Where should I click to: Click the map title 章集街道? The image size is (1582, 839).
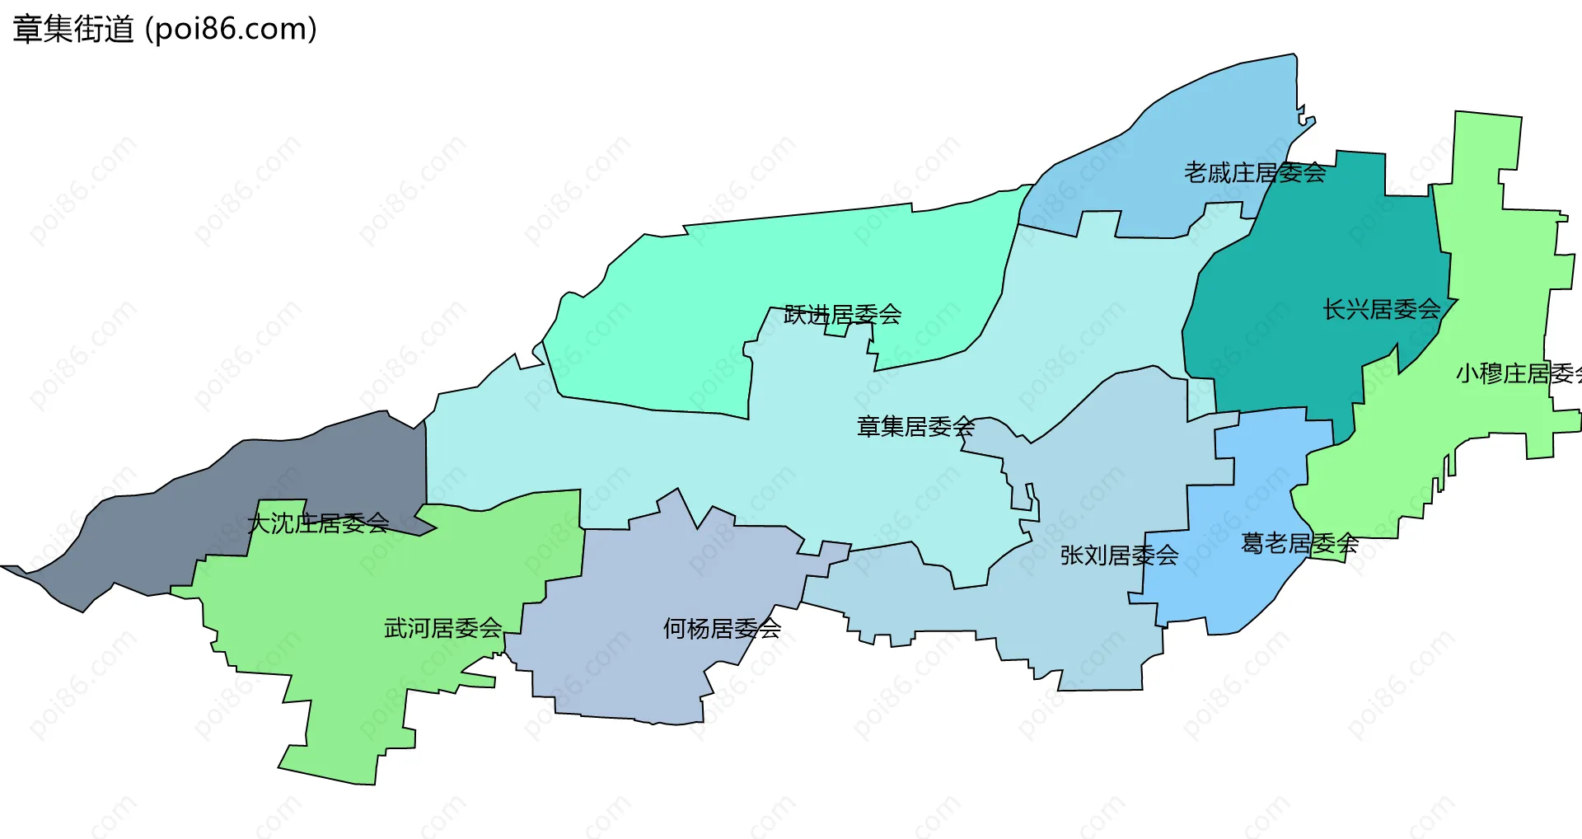(x=73, y=30)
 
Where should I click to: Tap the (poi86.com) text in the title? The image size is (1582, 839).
(x=231, y=30)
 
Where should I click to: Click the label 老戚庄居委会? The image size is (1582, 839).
(x=1254, y=173)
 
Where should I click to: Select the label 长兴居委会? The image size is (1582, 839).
(x=1381, y=310)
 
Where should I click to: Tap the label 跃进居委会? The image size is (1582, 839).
(x=842, y=315)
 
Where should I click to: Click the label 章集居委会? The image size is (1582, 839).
(x=915, y=427)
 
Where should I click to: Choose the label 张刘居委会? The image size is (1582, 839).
(x=1119, y=555)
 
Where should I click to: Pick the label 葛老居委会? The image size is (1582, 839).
(x=1299, y=544)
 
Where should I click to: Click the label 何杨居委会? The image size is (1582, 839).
(x=722, y=629)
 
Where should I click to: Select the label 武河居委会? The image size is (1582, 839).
(x=442, y=628)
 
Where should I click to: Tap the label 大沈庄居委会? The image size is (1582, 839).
(x=318, y=523)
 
